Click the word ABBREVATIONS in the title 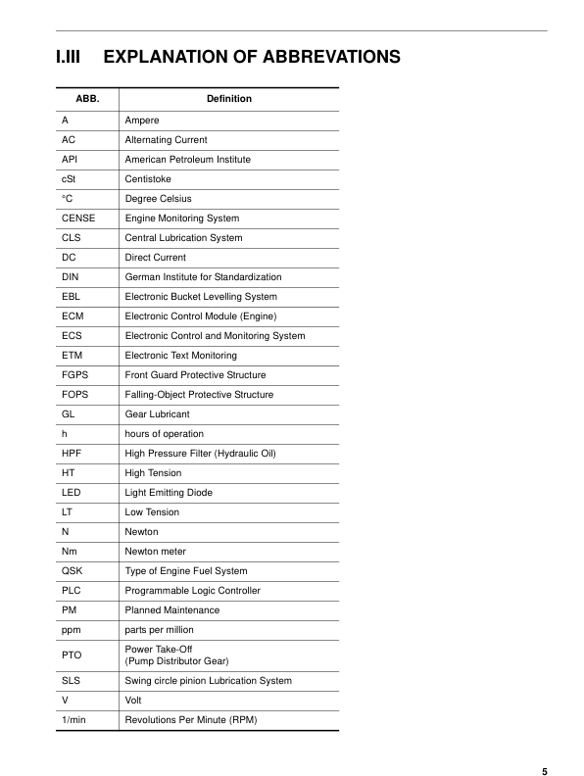[x=331, y=57]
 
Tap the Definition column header [x=228, y=99]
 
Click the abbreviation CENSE [x=78, y=218]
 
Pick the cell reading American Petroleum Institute [x=187, y=160]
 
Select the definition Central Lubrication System [x=183, y=238]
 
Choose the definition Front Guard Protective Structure [x=195, y=375]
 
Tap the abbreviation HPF [x=72, y=454]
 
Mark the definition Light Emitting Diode [x=169, y=493]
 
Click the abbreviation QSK [x=72, y=571]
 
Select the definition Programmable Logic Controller [x=192, y=591]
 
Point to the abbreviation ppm [x=72, y=630]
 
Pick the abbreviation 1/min [x=73, y=720]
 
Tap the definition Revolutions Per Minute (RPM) [x=195, y=720]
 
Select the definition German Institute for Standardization [x=203, y=277]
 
